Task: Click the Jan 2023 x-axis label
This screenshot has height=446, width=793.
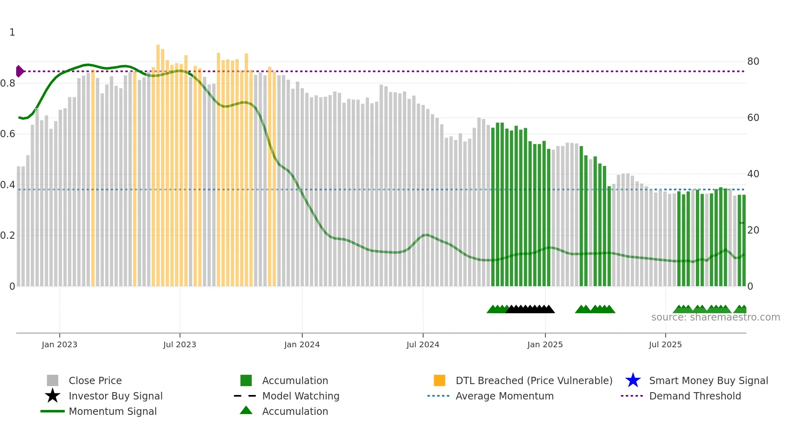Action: click(59, 344)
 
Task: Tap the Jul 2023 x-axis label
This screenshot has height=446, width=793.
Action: click(180, 344)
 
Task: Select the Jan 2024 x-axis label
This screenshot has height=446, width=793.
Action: click(302, 344)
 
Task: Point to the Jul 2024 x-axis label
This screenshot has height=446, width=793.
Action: click(423, 344)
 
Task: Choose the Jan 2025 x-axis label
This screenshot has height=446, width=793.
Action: click(545, 344)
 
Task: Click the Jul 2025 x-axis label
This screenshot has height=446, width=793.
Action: click(665, 344)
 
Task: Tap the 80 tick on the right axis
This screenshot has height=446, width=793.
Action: click(753, 62)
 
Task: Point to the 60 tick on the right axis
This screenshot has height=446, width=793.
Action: click(753, 118)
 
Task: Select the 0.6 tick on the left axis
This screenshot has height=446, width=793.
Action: click(8, 134)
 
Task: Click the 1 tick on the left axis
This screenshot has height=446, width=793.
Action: click(12, 32)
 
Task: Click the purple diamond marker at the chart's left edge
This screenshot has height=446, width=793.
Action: click(19, 71)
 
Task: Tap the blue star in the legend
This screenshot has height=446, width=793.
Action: click(633, 380)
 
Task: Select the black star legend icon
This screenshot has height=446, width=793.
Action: click(53, 396)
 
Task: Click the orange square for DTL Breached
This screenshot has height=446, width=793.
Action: click(439, 380)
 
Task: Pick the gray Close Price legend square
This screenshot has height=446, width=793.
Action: click(53, 380)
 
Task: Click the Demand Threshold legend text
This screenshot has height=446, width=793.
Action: click(695, 396)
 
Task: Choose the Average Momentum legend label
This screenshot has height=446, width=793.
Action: click(505, 396)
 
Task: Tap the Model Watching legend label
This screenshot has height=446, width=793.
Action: click(301, 396)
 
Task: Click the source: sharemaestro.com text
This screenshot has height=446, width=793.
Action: click(715, 317)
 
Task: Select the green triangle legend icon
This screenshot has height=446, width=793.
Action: click(246, 411)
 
